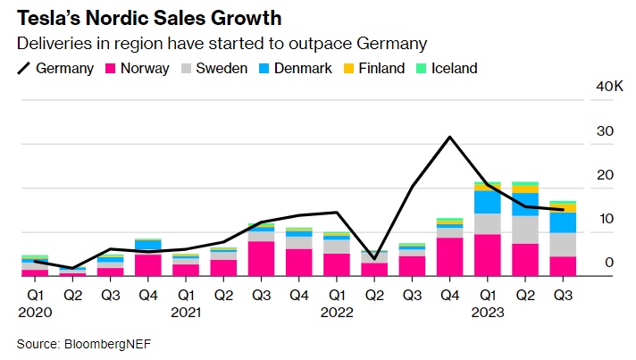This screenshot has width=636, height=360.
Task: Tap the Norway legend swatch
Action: coord(112,68)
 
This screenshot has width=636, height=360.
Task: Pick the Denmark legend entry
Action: coord(295,68)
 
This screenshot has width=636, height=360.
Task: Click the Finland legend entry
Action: coord(374,68)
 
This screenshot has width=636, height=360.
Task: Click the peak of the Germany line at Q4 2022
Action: coord(449,137)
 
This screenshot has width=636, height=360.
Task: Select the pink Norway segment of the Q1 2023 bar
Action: coord(487,255)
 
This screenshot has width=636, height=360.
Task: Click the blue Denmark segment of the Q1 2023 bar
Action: coord(487,202)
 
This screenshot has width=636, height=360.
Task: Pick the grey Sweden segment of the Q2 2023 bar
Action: coord(524,230)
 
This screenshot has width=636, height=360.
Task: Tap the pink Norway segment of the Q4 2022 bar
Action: coord(449,256)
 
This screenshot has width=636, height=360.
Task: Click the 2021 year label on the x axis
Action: coord(187,313)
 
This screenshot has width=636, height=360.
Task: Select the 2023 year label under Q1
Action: coord(488,313)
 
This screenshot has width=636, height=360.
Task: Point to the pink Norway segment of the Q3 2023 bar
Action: coord(562,266)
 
